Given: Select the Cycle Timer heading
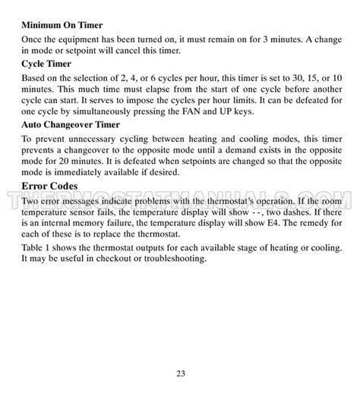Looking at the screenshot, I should point(46,64).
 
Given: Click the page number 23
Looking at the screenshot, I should point(180,372).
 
